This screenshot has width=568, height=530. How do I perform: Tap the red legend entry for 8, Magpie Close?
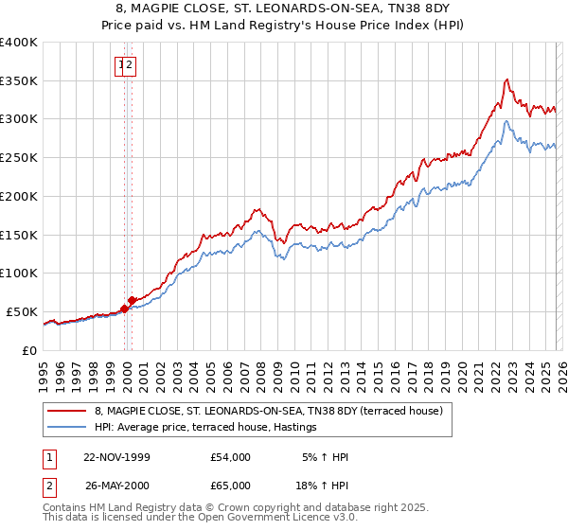(275, 411)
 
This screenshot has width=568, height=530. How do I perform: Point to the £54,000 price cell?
(231, 457)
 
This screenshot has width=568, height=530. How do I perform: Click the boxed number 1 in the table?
(47, 457)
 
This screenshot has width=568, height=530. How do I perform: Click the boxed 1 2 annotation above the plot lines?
(126, 65)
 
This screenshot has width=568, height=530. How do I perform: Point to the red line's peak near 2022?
(508, 79)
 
